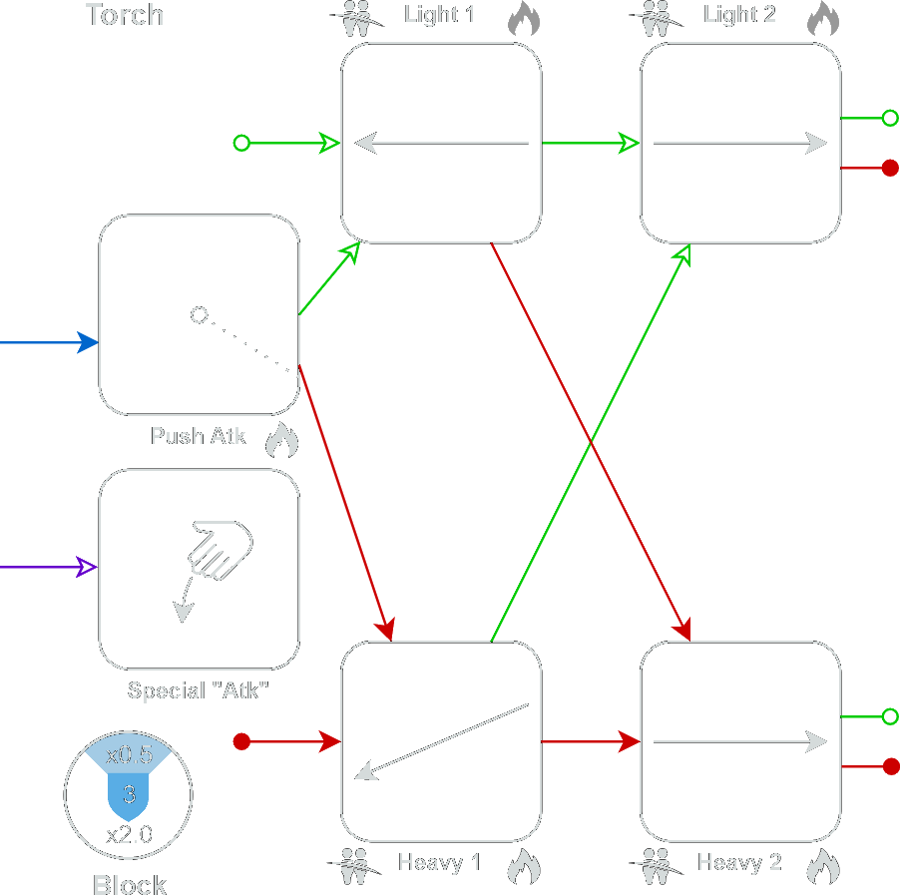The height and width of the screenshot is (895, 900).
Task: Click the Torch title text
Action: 124,14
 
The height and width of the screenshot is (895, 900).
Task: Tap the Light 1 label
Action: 439,14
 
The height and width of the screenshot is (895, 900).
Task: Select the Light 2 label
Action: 739,14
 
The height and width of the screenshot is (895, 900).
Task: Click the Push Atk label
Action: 198,436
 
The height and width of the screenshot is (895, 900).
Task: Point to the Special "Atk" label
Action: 198,689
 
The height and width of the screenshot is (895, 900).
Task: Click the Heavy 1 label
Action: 439,862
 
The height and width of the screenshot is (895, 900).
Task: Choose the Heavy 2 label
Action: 739,862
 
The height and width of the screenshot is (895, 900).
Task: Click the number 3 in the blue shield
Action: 129,794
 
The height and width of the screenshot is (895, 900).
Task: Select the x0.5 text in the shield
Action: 129,754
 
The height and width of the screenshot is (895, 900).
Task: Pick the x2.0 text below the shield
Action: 129,834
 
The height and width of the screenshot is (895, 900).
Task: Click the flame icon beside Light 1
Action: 524,18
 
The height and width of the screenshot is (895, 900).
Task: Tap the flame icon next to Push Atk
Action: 281,440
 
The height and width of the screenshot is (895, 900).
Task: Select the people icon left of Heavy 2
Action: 657,866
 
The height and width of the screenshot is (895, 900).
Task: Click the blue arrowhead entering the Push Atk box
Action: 88,342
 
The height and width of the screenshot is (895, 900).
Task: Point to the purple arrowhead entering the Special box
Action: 87,567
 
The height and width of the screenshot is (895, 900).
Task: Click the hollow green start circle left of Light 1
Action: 241,143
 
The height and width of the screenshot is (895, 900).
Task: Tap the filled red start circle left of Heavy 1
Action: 241,741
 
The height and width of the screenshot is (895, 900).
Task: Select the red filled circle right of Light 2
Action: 890,168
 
